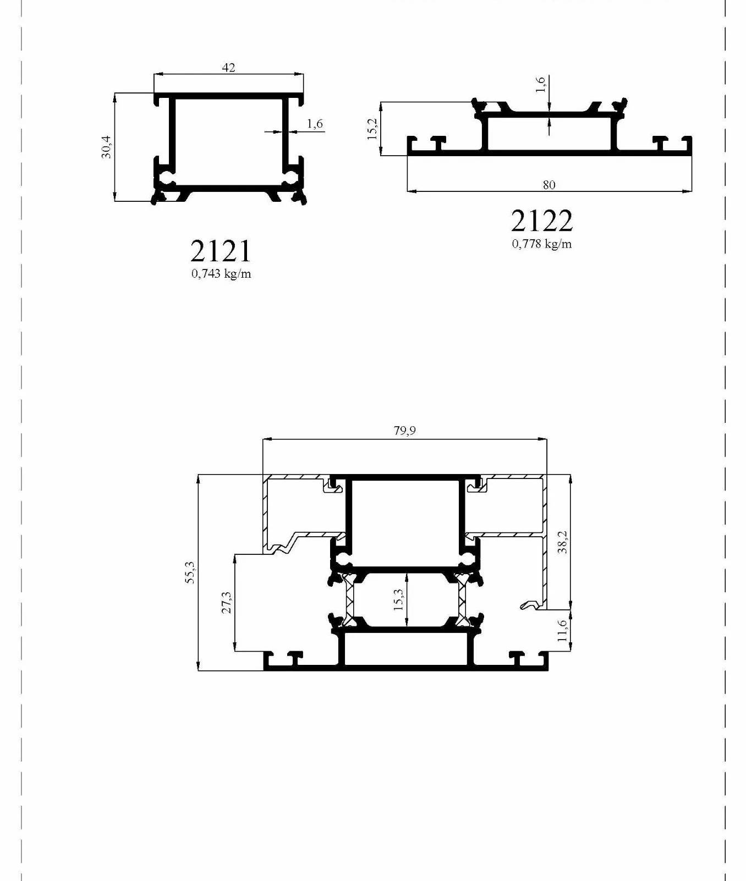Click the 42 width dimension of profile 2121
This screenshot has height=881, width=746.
tap(228, 68)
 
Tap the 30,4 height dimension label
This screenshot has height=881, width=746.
tap(106, 147)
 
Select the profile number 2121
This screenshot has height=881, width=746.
tap(221, 251)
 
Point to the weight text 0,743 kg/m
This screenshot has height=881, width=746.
tap(221, 273)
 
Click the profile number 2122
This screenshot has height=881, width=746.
tap(542, 221)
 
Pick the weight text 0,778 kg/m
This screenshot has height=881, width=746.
tap(542, 244)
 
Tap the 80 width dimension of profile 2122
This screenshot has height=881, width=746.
tap(549, 185)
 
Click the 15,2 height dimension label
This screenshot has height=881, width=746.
tap(372, 129)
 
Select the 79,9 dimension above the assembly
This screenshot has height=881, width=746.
tap(404, 431)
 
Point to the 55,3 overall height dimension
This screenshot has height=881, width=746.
tap(190, 572)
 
